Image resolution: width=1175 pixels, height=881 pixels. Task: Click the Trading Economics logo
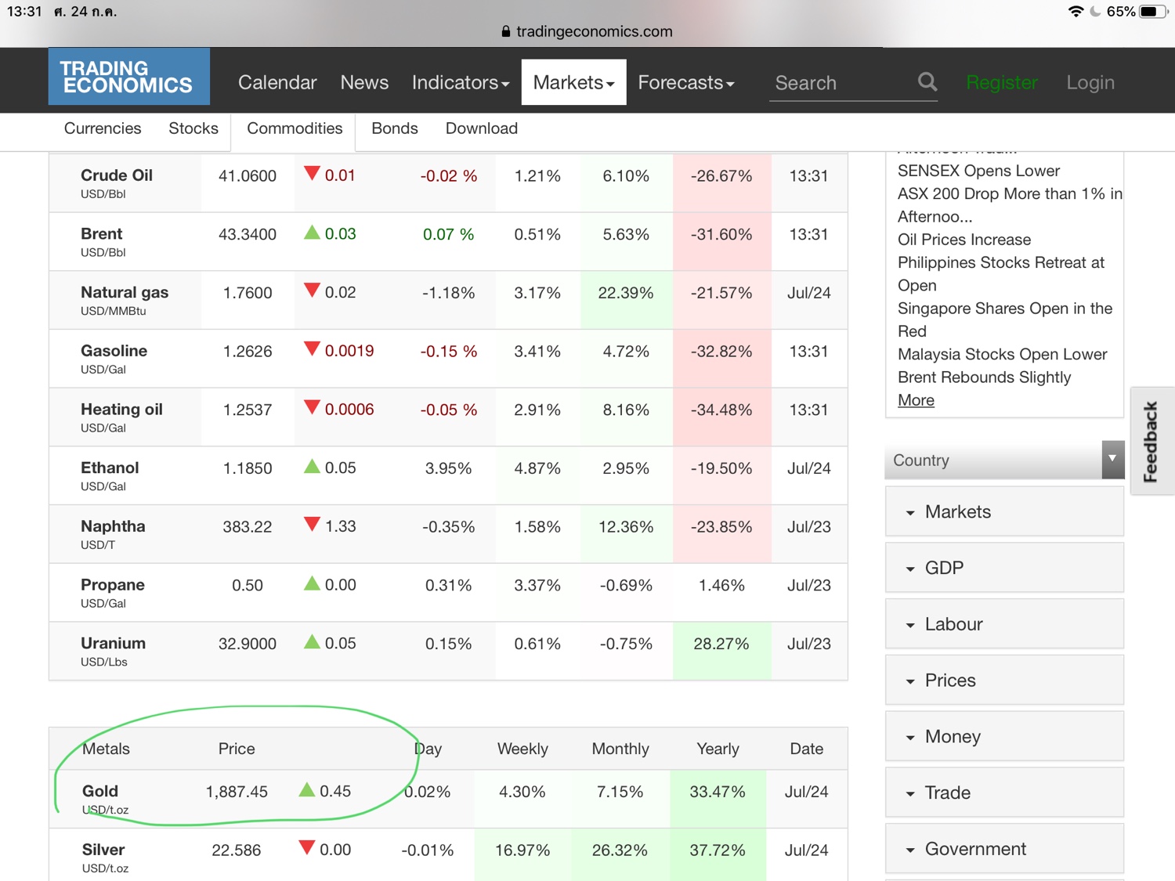click(128, 77)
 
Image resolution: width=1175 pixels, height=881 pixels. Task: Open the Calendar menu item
click(277, 82)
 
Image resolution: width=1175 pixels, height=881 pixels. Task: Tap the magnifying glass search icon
click(927, 81)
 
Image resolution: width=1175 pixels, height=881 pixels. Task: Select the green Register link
click(1002, 82)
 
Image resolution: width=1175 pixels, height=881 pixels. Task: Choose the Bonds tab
click(394, 128)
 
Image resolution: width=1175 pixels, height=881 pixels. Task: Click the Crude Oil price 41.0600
click(248, 176)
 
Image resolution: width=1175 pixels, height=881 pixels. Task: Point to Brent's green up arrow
click(312, 233)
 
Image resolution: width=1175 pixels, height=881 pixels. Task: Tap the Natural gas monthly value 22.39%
click(625, 293)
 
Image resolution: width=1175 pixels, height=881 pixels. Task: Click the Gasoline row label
click(114, 351)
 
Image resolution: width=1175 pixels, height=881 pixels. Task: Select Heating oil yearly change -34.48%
click(721, 410)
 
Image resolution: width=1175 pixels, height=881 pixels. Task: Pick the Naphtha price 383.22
click(248, 527)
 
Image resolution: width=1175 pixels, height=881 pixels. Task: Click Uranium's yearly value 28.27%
click(721, 644)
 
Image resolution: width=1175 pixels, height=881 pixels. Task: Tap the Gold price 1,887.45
click(237, 792)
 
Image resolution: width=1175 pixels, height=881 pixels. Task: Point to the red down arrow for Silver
click(307, 848)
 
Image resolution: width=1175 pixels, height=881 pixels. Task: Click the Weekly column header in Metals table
click(522, 749)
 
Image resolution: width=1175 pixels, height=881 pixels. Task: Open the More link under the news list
click(916, 400)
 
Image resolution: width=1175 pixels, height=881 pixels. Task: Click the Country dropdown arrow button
click(1112, 459)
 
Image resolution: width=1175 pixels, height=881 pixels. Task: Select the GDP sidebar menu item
click(944, 568)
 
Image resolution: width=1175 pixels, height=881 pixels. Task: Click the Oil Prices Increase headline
click(964, 240)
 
